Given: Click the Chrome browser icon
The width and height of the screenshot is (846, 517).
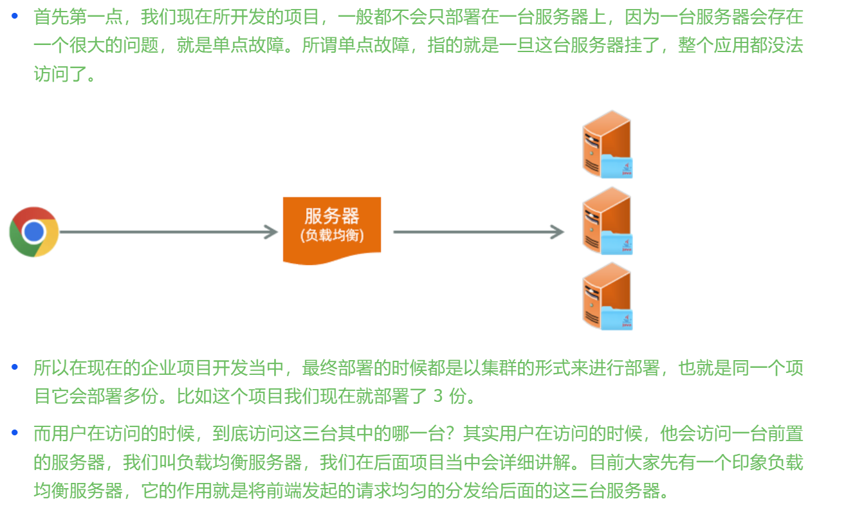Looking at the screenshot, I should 34,231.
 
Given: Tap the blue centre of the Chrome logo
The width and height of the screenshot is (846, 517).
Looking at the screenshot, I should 34,231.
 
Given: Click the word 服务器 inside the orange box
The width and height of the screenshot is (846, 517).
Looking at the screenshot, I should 332,216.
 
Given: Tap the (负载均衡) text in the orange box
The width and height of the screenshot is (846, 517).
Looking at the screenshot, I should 332,235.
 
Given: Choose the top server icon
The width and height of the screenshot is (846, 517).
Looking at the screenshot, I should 607,144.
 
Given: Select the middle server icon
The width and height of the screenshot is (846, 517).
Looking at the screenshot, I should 607,221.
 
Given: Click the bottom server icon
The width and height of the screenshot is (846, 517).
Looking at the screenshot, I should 607,296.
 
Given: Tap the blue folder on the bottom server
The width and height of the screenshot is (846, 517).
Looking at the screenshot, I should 618,319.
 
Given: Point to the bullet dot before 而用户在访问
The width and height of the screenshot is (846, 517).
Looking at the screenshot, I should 15,433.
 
